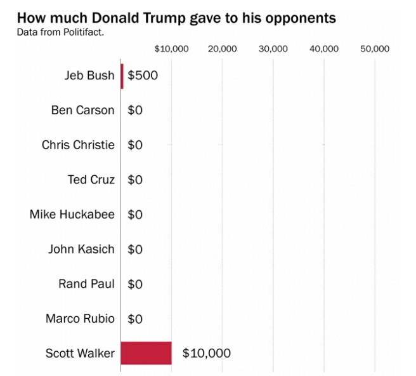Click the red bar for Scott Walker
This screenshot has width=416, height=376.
(146, 353)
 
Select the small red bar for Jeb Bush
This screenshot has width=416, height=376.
(122, 75)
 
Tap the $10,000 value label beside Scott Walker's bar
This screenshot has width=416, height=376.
(206, 353)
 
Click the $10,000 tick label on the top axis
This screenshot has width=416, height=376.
(171, 49)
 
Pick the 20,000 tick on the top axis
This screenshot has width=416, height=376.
(223, 49)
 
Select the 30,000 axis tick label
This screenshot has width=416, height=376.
(273, 49)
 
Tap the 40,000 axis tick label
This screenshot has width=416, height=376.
(324, 49)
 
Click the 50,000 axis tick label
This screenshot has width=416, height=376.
(375, 49)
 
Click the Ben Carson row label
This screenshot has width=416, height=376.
(82, 110)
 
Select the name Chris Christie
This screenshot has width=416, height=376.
(78, 145)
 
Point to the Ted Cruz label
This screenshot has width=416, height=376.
(91, 180)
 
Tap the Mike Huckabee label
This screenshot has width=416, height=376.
(72, 214)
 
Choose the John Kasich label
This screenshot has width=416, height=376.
(81, 249)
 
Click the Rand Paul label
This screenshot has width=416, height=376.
(86, 283)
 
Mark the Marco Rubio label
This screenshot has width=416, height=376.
(80, 318)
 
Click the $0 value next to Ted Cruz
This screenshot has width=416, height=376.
(135, 180)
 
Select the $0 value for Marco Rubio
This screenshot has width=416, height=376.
(135, 318)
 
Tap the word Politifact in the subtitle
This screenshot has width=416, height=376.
(81, 32)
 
